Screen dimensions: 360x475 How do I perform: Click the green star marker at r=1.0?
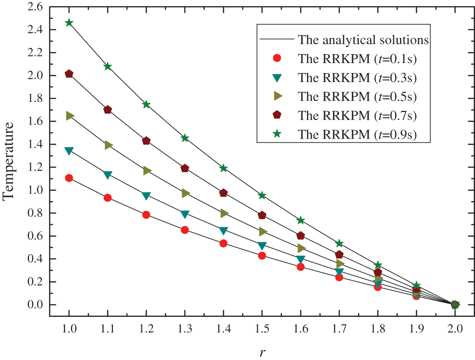[69, 23]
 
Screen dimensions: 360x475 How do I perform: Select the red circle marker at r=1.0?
[69, 178]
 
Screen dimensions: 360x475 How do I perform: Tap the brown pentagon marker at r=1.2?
[146, 141]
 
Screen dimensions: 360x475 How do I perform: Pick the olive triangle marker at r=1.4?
[224, 213]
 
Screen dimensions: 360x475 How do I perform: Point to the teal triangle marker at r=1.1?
[108, 175]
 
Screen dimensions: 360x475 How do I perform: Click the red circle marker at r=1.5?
[262, 256]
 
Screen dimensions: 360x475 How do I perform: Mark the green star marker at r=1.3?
[185, 138]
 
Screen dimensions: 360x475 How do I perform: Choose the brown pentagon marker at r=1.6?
[300, 236]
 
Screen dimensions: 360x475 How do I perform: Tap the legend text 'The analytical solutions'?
[363, 39]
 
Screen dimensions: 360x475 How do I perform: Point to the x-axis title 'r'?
[262, 352]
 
